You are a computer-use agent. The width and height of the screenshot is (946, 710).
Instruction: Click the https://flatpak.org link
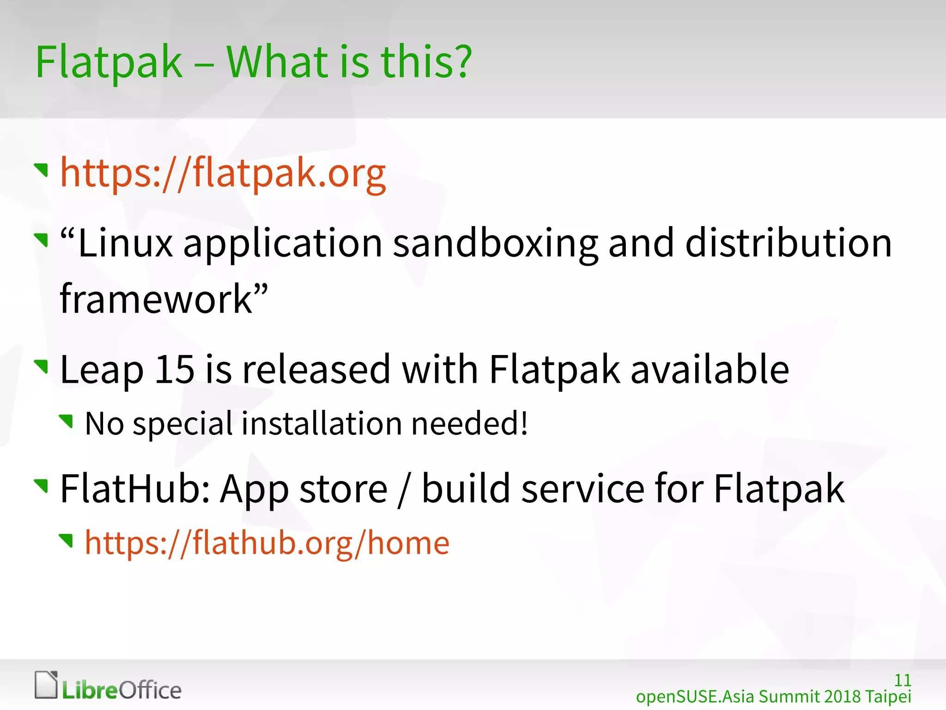[223, 173]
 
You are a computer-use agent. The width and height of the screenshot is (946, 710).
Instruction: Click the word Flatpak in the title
[109, 62]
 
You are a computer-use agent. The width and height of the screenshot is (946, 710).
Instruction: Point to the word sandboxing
[495, 244]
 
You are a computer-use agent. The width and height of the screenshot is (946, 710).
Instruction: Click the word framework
[156, 299]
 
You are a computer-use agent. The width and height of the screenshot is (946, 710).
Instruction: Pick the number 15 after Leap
[174, 369]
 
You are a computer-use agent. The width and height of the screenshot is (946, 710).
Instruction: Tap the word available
[709, 369]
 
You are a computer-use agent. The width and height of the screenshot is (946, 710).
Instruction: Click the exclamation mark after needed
[524, 423]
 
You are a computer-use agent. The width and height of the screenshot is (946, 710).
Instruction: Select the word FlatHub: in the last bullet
[136, 489]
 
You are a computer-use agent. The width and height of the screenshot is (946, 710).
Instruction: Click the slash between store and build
[404, 490]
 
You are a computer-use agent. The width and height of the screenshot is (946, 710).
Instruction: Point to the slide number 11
[903, 680]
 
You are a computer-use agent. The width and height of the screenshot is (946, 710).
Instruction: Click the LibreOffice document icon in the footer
[46, 685]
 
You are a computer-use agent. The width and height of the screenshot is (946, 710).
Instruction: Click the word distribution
[788, 244]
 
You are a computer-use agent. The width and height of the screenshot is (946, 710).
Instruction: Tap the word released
[316, 369]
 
